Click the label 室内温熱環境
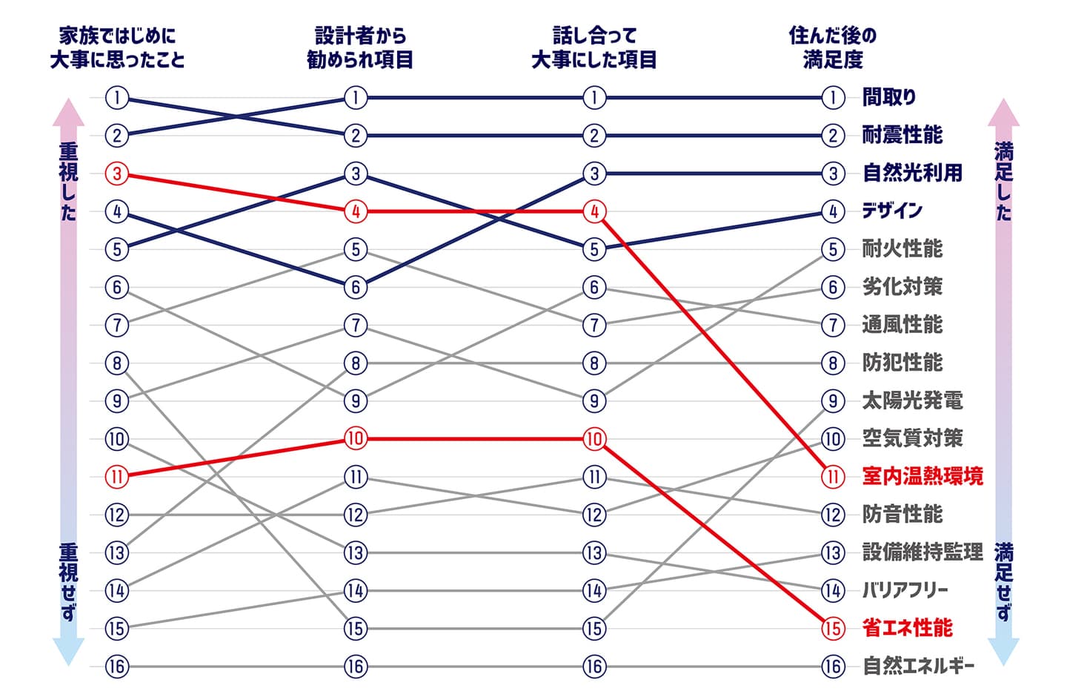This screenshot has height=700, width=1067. coord(923,476)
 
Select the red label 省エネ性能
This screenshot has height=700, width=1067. coord(908,628)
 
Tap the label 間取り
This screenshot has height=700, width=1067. coord(889,97)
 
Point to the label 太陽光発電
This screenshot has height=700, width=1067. coord(912,400)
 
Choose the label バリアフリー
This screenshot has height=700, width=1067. coord(905,590)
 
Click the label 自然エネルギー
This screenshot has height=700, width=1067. coord(918,666)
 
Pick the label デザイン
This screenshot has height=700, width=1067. coord(892,211)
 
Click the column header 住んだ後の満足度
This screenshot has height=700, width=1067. coord(833,47)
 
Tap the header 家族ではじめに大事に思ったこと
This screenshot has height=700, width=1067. coord(117,47)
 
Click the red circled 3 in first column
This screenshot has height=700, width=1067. coord(117,174)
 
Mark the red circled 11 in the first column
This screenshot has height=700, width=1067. coord(117,476)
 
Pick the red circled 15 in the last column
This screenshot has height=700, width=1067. coord(833,628)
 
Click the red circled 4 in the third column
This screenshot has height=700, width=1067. coord(594,211)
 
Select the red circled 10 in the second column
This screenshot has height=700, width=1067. coord(356,438)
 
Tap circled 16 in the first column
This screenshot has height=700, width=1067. coord(117,666)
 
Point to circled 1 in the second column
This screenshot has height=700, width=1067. coord(356,97)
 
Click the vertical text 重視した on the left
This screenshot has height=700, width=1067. coord(68,182)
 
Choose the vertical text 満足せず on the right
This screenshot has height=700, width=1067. coord(1003,582)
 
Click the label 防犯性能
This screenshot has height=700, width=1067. coord(902,363)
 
